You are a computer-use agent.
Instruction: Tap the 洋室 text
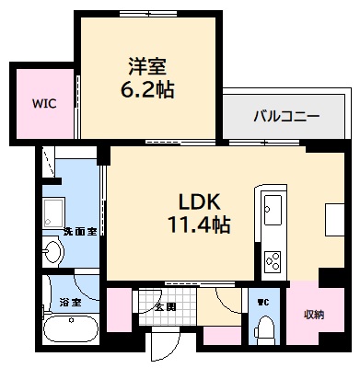click(x=147, y=66)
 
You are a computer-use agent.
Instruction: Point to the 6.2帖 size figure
click(x=147, y=90)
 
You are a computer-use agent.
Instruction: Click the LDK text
click(x=199, y=201)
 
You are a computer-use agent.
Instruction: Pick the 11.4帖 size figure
click(x=199, y=224)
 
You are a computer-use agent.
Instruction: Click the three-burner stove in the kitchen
click(x=274, y=261)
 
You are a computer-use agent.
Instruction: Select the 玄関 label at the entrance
click(x=166, y=306)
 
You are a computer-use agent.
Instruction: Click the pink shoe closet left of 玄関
click(x=119, y=310)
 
